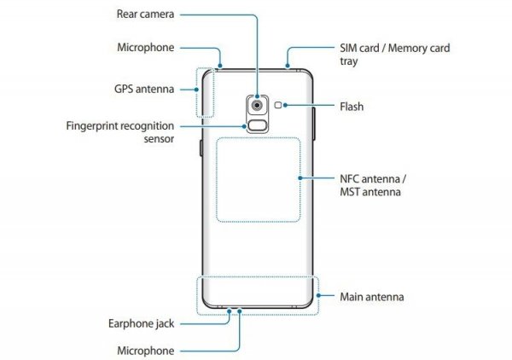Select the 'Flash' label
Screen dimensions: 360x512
352,107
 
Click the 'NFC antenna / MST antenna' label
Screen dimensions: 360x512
369,185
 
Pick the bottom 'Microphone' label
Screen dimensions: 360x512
146,351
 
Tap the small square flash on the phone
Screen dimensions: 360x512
280,105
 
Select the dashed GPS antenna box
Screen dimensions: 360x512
205,93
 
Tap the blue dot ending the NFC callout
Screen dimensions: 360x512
303,177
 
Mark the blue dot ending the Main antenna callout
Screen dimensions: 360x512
318,297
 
